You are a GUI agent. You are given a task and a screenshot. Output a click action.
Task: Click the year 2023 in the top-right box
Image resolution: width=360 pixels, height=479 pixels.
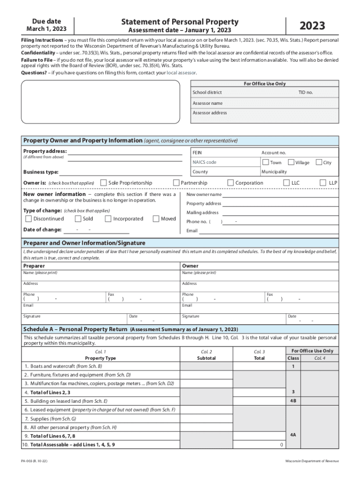coord(312,26)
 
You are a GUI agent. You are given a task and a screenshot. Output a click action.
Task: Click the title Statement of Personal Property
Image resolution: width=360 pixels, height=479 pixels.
coord(180,22)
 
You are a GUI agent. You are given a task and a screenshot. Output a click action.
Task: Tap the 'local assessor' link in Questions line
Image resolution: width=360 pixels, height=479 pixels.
coord(181,73)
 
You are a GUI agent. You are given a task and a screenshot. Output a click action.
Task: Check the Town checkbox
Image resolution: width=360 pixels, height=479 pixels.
coord(266,162)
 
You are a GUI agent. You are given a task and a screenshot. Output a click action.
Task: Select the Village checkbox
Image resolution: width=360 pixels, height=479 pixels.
coord(291,162)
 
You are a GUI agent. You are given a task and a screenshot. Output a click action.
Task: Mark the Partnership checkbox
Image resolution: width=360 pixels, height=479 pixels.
coord(176,182)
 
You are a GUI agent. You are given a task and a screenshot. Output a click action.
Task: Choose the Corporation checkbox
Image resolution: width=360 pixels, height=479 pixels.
coord(230,182)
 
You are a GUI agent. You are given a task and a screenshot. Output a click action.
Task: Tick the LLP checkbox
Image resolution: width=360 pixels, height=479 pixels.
coord(323,182)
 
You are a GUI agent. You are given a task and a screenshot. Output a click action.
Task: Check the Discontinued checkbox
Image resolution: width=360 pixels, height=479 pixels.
coord(29,218)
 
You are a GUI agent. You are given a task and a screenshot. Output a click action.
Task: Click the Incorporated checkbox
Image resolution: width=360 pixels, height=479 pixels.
coord(108,218)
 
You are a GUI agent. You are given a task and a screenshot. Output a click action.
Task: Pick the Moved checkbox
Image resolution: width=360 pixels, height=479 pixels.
coord(156,218)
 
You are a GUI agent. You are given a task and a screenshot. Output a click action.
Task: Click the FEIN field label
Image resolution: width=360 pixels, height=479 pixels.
coord(197,152)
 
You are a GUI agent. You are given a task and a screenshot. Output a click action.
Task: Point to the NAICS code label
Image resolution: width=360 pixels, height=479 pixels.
coord(204,162)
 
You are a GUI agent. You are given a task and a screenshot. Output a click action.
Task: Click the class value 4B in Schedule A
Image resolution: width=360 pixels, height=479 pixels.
coord(293,401)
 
